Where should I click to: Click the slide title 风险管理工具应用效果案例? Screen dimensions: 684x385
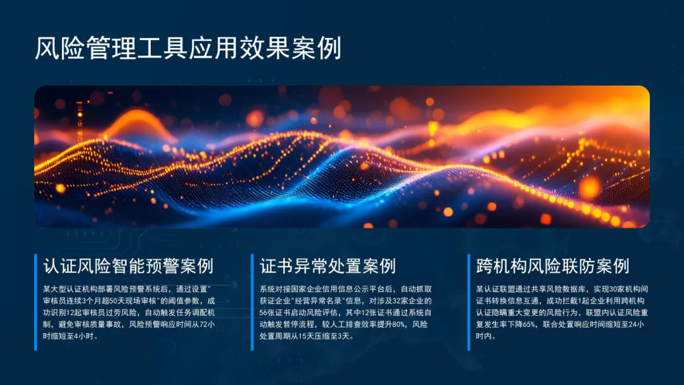pos(187,48)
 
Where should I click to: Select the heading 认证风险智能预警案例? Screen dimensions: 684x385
pos(128,266)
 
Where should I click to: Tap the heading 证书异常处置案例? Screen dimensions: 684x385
pos(327,266)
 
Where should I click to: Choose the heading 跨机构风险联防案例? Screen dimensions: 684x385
pos(553,266)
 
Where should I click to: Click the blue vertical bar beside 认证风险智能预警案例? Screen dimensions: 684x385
pos(35,302)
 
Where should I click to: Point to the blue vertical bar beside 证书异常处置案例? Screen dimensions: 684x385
pos(252,302)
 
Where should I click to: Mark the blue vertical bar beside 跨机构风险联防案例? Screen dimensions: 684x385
pos(469,302)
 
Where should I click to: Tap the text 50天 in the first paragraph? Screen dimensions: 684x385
pos(115,301)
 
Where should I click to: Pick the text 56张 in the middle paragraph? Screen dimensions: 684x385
pos(267,313)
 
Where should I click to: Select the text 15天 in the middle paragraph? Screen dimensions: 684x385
pos(307,336)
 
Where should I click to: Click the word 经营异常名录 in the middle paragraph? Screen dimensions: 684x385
pos(319,301)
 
